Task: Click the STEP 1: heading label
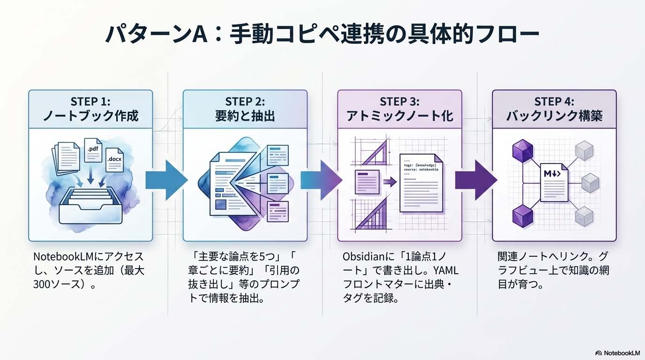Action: pyautogui.click(x=90, y=101)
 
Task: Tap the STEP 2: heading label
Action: pyautogui.click(x=245, y=101)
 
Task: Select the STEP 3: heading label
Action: pyautogui.click(x=399, y=101)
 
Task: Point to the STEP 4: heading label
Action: pyautogui.click(x=554, y=101)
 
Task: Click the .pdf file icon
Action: pyautogui.click(x=93, y=150)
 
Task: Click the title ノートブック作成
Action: pyautogui.click(x=90, y=116)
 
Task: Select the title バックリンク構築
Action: pyautogui.click(x=554, y=116)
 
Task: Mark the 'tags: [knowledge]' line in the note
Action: pyautogui.click(x=420, y=165)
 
